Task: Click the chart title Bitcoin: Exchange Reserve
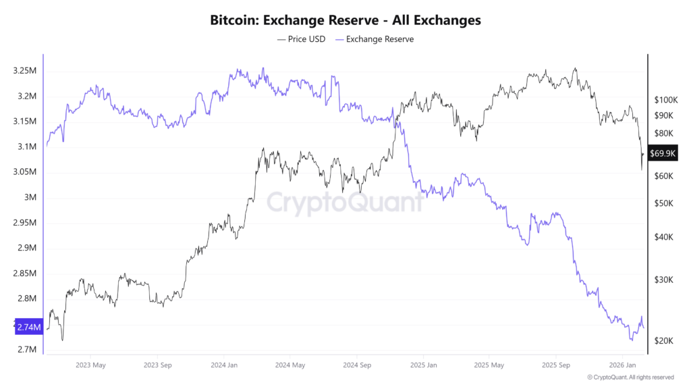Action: tap(345, 20)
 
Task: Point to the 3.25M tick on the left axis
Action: tap(24, 71)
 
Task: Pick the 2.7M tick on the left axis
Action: tap(26, 350)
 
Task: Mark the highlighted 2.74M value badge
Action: tap(28, 327)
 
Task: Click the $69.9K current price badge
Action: tap(663, 154)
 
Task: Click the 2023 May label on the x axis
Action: tap(90, 365)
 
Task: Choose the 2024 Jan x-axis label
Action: tap(223, 365)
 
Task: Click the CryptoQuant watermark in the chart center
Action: tap(345, 202)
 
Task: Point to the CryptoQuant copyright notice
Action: tap(630, 378)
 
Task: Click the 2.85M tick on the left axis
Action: tap(24, 274)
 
